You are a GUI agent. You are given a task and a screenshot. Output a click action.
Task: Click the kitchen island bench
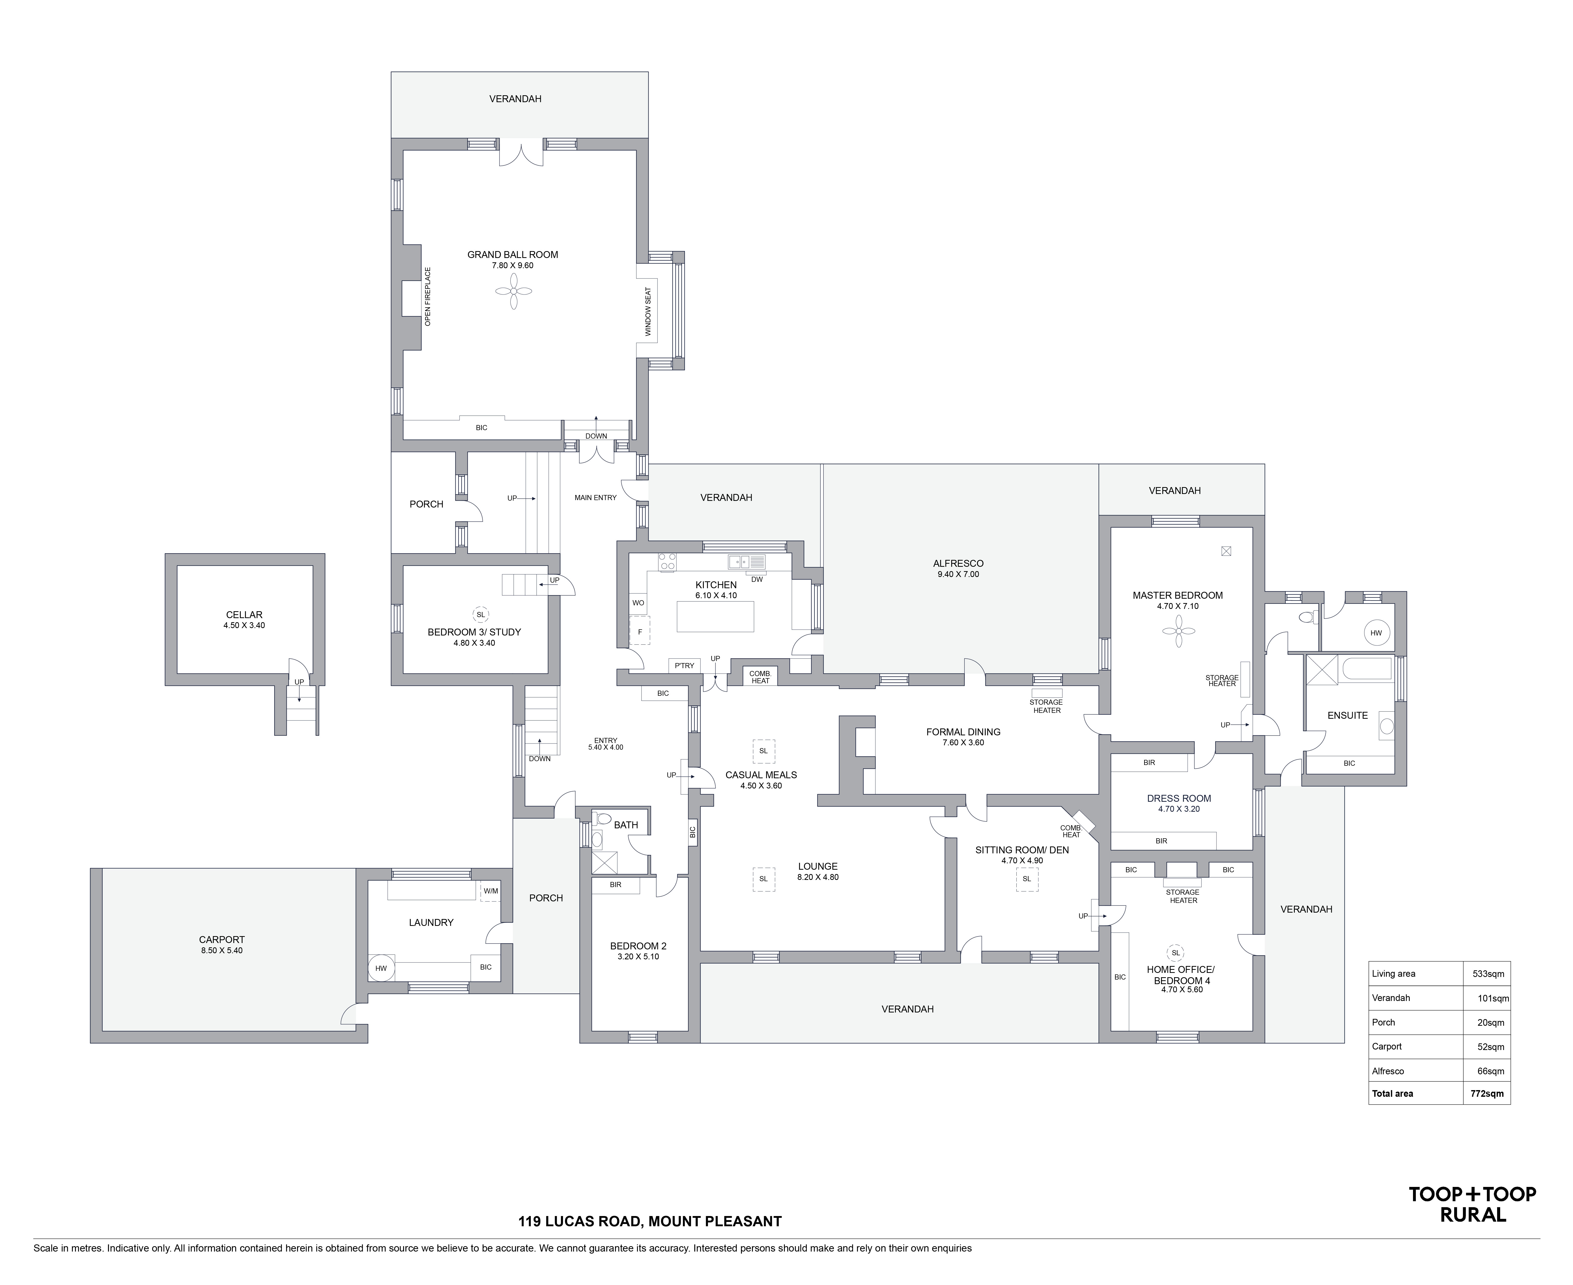click(x=715, y=616)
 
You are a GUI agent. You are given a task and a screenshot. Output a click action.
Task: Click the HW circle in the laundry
click(x=381, y=968)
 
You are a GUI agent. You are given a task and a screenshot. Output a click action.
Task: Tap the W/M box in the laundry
click(x=490, y=891)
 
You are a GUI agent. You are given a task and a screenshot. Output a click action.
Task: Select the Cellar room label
click(x=244, y=614)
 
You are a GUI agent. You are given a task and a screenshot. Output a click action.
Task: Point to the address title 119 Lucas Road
click(x=649, y=1221)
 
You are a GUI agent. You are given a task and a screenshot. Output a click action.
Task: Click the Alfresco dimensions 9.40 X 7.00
click(x=958, y=574)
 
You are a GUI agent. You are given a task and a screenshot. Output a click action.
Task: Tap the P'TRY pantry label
click(x=684, y=665)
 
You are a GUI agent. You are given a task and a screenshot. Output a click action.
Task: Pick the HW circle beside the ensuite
click(x=1376, y=633)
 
